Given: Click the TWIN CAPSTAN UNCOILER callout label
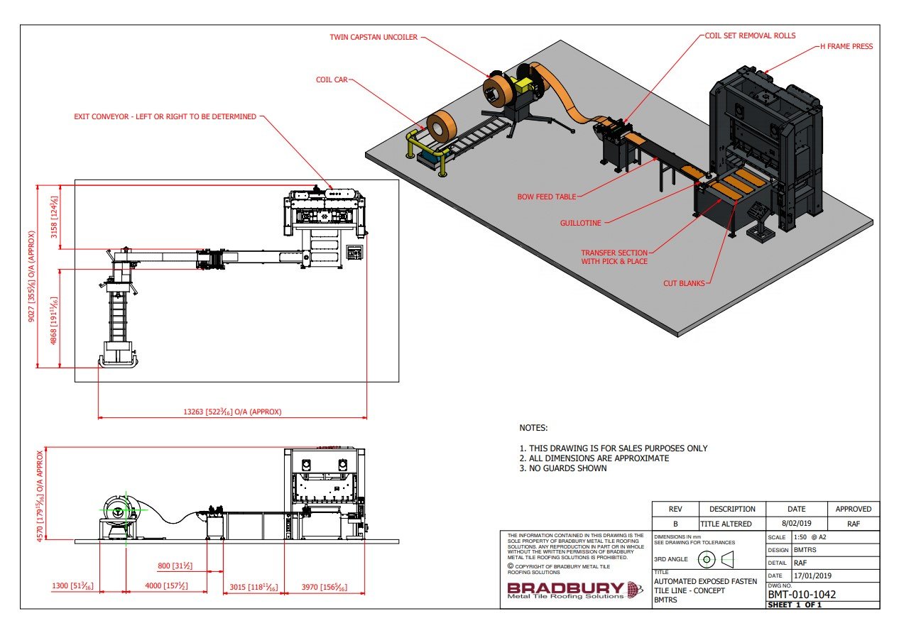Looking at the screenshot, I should (374, 38).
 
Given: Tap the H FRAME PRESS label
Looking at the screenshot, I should (846, 47).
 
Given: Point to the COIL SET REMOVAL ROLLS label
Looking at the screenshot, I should (749, 35).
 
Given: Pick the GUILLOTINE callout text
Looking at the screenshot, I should (581, 223).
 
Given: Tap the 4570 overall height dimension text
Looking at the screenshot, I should (43, 495).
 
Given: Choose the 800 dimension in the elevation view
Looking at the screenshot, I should (175, 566).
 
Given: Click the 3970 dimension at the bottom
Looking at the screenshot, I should (324, 587).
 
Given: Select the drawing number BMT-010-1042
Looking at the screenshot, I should (801, 594).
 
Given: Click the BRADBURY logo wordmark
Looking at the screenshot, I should (565, 588).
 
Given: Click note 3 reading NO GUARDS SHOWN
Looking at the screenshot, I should (563, 468).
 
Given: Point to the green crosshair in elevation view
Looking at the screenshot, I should (116, 509).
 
